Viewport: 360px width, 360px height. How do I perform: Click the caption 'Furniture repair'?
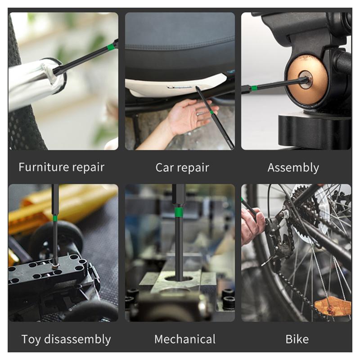pyautogui.click(x=61, y=167)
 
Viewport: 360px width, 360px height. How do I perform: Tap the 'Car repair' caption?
pyautogui.click(x=182, y=168)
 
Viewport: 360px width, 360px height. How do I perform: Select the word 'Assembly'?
pyautogui.click(x=293, y=168)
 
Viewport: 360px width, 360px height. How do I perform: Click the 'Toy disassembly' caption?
pyautogui.click(x=66, y=339)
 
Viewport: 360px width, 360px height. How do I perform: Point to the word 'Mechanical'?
pyautogui.click(x=184, y=339)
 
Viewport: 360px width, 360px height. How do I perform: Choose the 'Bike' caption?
pyautogui.click(x=297, y=339)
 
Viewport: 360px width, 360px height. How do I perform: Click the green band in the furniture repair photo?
pyautogui.click(x=111, y=47)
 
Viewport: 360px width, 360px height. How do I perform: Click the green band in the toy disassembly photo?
pyautogui.click(x=55, y=218)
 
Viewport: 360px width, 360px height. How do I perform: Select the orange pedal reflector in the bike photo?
pyautogui.click(x=332, y=306)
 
